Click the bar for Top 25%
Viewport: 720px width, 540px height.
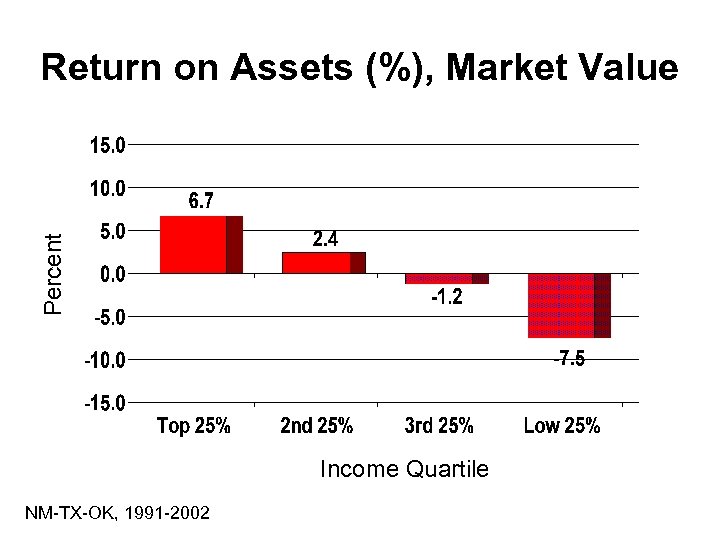(200, 244)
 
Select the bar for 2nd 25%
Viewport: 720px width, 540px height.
(323, 262)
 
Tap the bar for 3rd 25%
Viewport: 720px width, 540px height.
(446, 278)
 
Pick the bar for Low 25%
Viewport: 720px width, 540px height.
(568, 305)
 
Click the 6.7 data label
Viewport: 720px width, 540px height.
(201, 202)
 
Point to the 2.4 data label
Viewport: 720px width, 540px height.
(325, 239)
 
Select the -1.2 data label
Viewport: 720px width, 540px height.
(447, 298)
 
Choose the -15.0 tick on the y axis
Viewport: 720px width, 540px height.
(104, 404)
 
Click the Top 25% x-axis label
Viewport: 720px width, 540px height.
(194, 427)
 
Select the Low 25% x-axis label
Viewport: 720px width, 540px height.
(562, 427)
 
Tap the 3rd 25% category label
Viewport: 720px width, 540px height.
(439, 427)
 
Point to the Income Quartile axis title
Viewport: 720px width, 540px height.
(404, 469)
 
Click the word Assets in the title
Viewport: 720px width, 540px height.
(287, 68)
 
